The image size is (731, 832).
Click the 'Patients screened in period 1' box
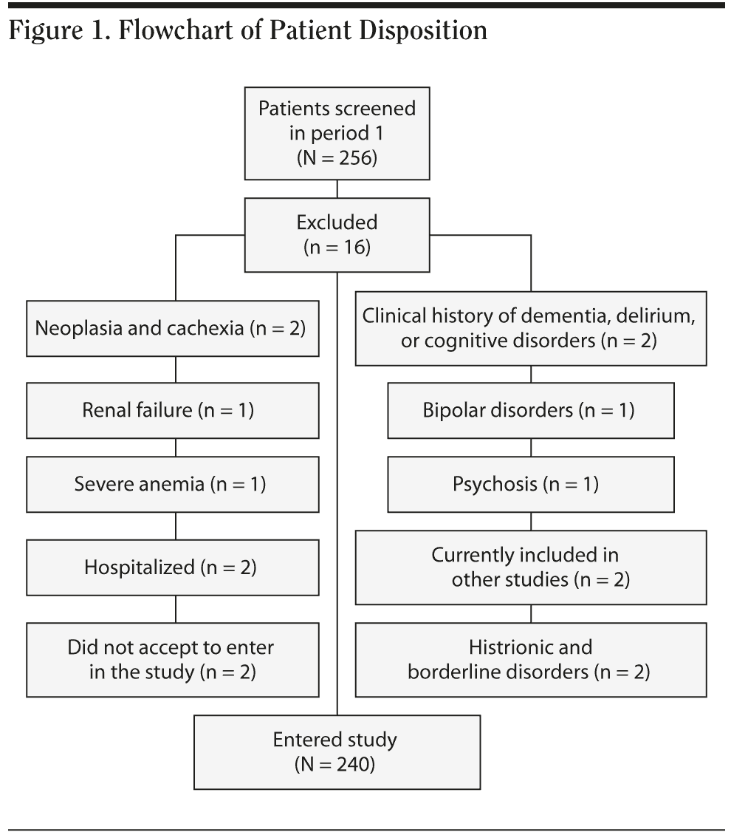[337, 133]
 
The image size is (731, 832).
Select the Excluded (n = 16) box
[337, 234]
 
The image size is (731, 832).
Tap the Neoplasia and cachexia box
[173, 327]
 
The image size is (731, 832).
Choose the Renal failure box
[173, 410]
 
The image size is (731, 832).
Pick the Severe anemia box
[173, 484]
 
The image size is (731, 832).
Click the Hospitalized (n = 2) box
[173, 567]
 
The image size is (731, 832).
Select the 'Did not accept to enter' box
[173, 660]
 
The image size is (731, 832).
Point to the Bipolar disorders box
[530, 410]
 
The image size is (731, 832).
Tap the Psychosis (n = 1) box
[530, 484]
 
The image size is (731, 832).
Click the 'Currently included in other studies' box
[530, 567]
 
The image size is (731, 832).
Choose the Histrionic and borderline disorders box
[530, 660]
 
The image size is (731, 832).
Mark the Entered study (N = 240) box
[337, 751]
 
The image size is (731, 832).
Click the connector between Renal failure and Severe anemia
[176, 448]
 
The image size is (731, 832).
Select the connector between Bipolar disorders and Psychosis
[532, 448]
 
